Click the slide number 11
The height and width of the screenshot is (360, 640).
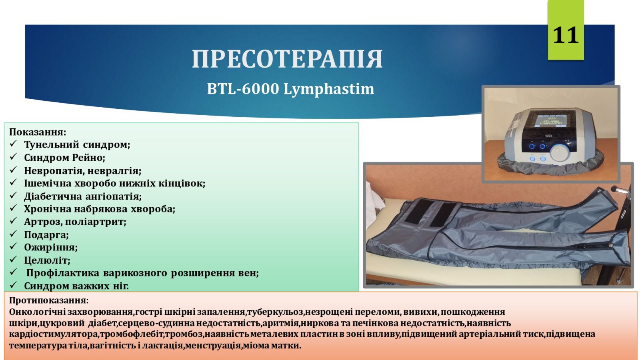566,35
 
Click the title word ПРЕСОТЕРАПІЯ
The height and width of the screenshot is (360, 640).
287,59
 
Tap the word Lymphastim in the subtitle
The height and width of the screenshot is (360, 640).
328,90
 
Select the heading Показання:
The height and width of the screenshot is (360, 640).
38,132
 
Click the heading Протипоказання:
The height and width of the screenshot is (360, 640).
49,300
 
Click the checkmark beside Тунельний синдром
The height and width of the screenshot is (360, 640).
14,144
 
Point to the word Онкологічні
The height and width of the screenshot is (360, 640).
37,312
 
